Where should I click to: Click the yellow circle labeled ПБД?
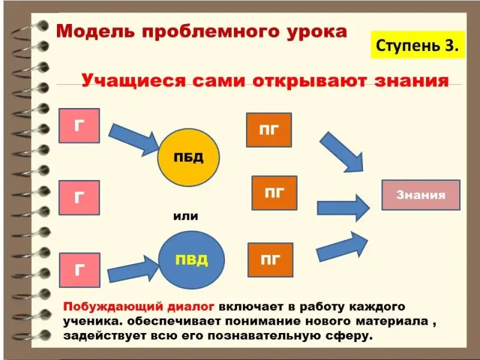(x=188, y=158)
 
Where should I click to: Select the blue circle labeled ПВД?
(x=191, y=260)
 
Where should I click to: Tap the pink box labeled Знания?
(x=421, y=195)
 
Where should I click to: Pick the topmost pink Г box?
(x=79, y=125)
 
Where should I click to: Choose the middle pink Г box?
(x=79, y=197)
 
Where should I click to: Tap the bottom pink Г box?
(x=79, y=270)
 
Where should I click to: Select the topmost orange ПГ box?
(x=269, y=130)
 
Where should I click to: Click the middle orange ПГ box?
(x=274, y=193)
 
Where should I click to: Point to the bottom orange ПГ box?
(x=270, y=260)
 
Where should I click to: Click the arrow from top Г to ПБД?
(x=136, y=137)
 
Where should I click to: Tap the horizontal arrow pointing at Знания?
(x=343, y=207)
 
